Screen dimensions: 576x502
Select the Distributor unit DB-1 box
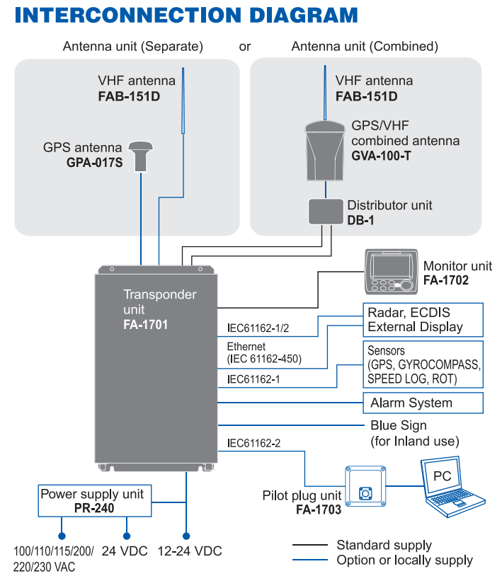pyautogui.click(x=326, y=211)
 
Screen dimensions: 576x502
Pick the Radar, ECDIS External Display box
pyautogui.click(x=423, y=319)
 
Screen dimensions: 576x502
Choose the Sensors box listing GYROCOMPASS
pyautogui.click(x=423, y=365)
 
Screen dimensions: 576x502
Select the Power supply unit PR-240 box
pyautogui.click(x=91, y=500)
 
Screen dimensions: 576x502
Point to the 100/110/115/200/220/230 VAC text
pyautogui.click(x=53, y=558)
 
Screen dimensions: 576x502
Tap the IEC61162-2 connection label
pyautogui.click(x=253, y=444)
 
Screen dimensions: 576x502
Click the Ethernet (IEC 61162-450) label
pyautogui.click(x=264, y=353)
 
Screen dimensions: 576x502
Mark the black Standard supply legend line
pyautogui.click(x=310, y=545)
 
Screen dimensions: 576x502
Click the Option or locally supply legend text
pyautogui.click(x=404, y=560)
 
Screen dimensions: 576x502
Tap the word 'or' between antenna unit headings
pyautogui.click(x=245, y=47)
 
